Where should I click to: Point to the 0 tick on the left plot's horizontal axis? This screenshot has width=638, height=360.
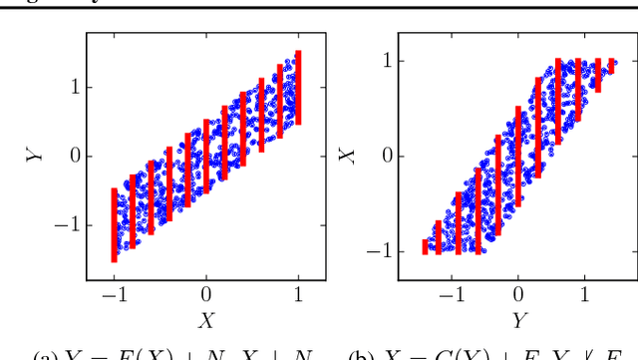[x=206, y=296]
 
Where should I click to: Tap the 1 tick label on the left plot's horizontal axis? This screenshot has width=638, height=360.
[x=299, y=296]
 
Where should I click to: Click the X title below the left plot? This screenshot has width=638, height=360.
[x=206, y=321]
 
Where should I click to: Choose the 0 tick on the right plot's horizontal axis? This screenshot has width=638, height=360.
[x=518, y=296]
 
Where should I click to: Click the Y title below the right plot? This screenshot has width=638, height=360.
[x=518, y=321]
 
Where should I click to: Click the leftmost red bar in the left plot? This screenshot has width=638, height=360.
[x=114, y=224]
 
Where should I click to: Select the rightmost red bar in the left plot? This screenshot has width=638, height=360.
[x=299, y=88]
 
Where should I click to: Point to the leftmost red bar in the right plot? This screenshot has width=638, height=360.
[x=425, y=246]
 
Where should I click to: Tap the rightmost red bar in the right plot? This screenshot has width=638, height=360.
[x=612, y=66]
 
